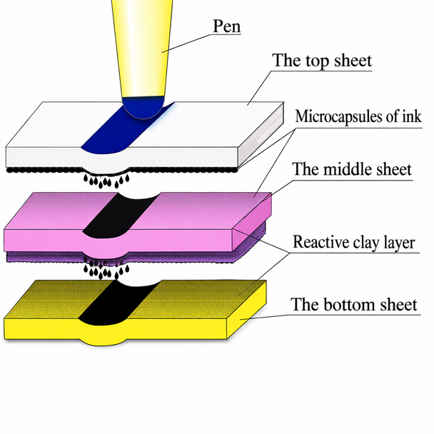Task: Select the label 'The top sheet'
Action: (322, 61)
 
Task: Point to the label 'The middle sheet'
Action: (352, 170)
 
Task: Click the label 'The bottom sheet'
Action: (353, 305)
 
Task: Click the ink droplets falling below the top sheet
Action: (104, 181)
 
